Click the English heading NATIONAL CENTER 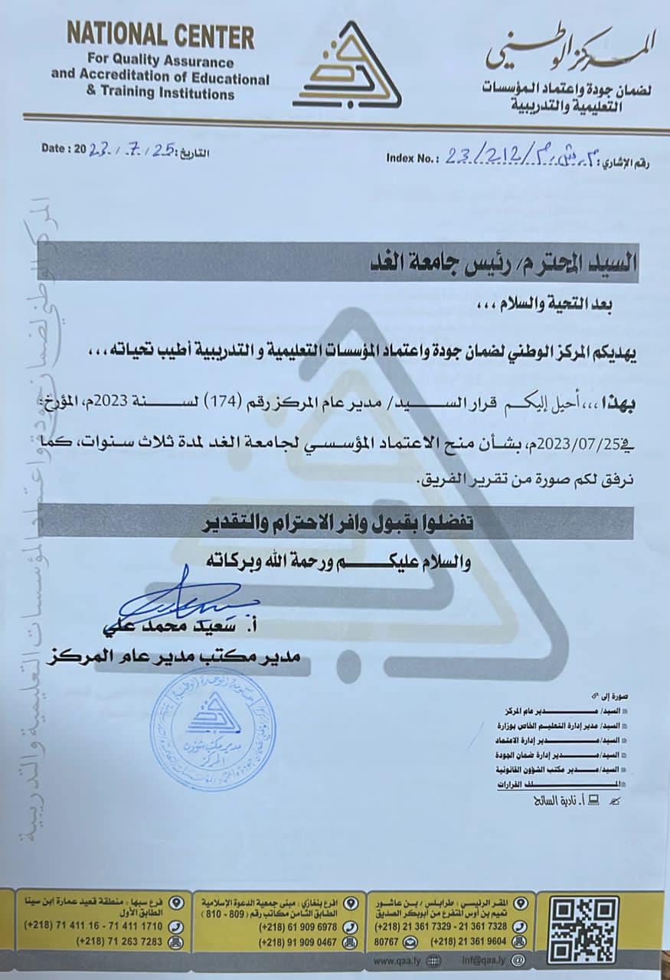click(x=160, y=35)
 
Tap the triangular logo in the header click(x=347, y=67)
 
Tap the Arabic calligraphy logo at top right click(x=571, y=48)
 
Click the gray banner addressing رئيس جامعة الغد click(x=337, y=262)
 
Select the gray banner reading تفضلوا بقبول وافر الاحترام click(x=337, y=524)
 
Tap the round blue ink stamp click(x=213, y=728)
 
